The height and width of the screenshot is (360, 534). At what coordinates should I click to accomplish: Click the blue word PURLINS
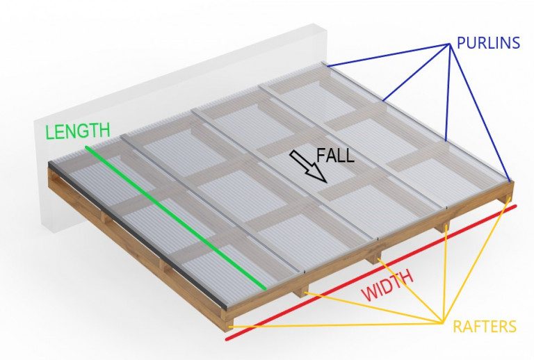click(x=488, y=43)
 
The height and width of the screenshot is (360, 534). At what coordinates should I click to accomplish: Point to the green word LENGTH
click(x=78, y=130)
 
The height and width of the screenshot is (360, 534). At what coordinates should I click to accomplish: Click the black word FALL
click(x=335, y=155)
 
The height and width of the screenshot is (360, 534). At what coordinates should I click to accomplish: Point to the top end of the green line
click(x=86, y=147)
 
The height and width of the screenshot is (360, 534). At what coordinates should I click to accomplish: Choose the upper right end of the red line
click(x=515, y=205)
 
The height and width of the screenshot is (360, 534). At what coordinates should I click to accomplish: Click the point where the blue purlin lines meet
click(x=449, y=45)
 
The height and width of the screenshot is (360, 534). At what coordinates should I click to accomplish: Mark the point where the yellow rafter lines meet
click(x=443, y=320)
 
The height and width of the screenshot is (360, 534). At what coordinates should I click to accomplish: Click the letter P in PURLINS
click(x=462, y=43)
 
